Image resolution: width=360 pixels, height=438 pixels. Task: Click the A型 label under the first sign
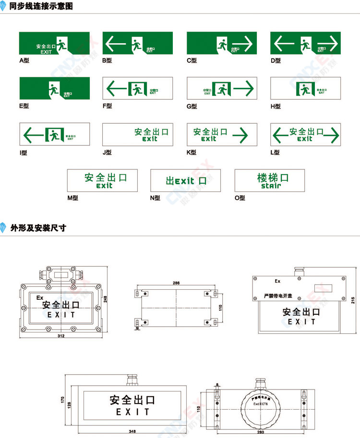click(x=24, y=61)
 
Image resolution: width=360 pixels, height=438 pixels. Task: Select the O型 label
click(x=240, y=198)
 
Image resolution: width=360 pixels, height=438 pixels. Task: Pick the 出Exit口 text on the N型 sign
click(x=186, y=181)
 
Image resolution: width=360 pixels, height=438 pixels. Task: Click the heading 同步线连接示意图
click(x=41, y=7)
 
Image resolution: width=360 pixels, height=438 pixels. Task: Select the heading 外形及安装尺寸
click(x=38, y=228)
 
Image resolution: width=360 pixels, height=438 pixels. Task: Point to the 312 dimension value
click(x=61, y=336)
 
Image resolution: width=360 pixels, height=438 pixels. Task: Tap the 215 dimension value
click(x=353, y=300)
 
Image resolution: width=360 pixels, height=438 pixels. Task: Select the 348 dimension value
click(x=132, y=431)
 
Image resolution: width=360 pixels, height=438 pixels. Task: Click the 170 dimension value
click(x=62, y=399)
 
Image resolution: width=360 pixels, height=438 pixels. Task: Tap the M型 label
click(x=72, y=198)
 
